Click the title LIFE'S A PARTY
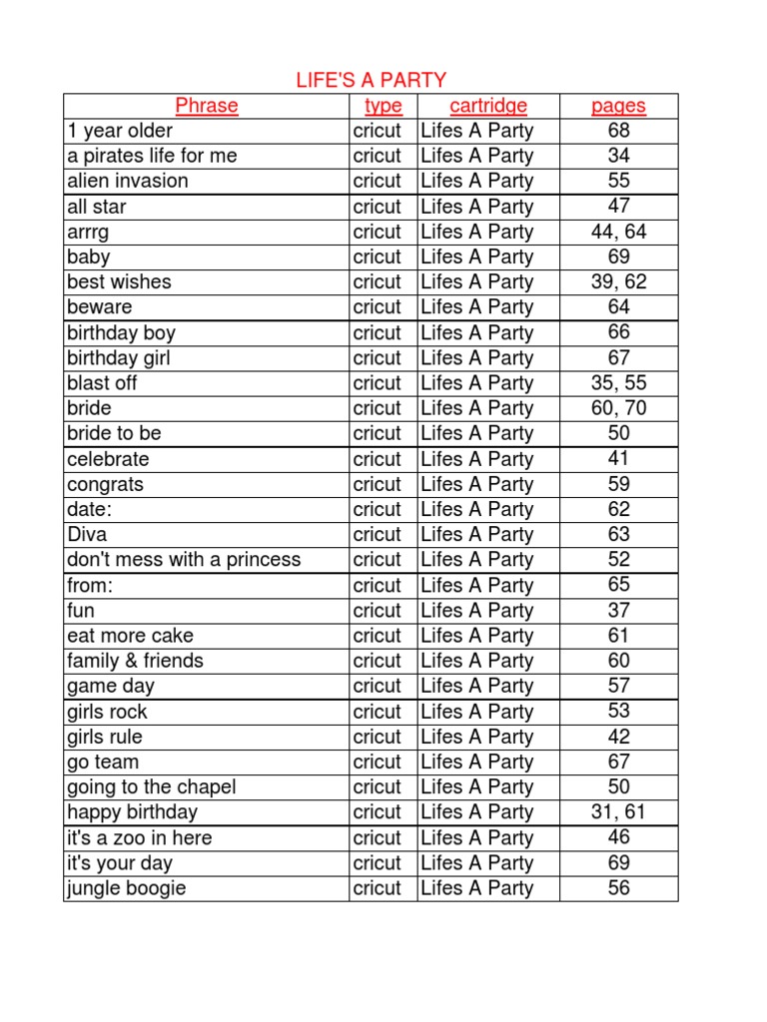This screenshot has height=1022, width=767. click(x=371, y=81)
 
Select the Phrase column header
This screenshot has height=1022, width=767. click(x=207, y=106)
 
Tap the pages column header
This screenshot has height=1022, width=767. click(x=618, y=106)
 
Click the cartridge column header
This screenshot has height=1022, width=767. click(x=488, y=106)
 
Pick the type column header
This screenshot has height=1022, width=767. click(x=383, y=106)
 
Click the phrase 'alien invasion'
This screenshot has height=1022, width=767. click(x=128, y=181)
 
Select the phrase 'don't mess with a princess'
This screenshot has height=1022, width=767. click(x=184, y=559)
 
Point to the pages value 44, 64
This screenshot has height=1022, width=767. click(x=618, y=232)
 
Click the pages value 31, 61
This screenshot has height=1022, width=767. click(x=618, y=811)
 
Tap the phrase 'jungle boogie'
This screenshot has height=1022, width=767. click(x=127, y=888)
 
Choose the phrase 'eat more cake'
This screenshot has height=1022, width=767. click(x=131, y=635)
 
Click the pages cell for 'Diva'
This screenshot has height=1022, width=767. click(x=618, y=534)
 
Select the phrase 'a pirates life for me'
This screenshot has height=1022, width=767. click(x=152, y=156)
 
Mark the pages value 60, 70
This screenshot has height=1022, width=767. click(x=618, y=407)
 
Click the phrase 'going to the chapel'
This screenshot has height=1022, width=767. click(x=152, y=786)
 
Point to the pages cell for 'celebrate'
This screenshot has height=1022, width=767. click(x=618, y=458)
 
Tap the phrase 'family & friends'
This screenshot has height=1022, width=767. click(x=135, y=661)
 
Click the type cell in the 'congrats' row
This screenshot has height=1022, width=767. click(x=378, y=484)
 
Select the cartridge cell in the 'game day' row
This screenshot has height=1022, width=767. click(x=477, y=686)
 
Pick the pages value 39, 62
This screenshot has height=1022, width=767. click(x=618, y=281)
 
